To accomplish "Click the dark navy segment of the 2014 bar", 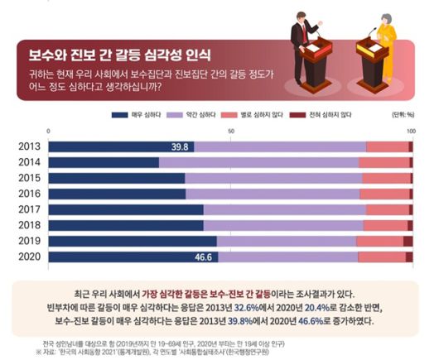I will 104,162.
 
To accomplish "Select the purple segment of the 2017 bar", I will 282,209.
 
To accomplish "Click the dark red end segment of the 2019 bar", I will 408,241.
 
